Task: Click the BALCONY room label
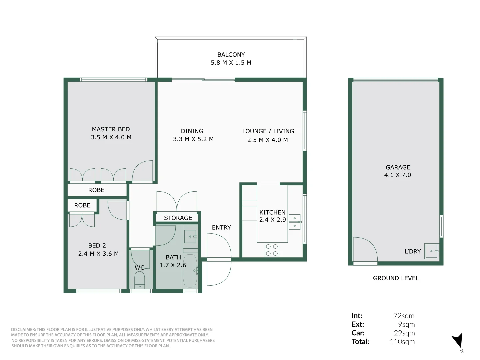(x=231, y=54)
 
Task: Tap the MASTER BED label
(x=111, y=129)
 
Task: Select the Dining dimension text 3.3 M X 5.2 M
(x=193, y=139)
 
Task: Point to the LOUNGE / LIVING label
(x=268, y=131)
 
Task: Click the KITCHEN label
(x=272, y=212)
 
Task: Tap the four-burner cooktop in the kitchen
(x=272, y=250)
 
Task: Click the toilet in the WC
(x=139, y=280)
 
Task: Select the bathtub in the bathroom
(x=190, y=271)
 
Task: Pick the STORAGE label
(x=178, y=218)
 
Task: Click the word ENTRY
(x=221, y=228)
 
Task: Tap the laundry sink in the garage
(x=432, y=251)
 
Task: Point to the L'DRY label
(x=413, y=251)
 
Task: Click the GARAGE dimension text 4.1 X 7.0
(x=398, y=175)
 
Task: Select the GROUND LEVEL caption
(x=396, y=278)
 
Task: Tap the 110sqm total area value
(x=402, y=341)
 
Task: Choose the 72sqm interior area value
(x=404, y=316)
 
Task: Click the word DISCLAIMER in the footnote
(x=23, y=329)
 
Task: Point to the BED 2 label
(x=97, y=245)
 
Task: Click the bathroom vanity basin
(x=190, y=237)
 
